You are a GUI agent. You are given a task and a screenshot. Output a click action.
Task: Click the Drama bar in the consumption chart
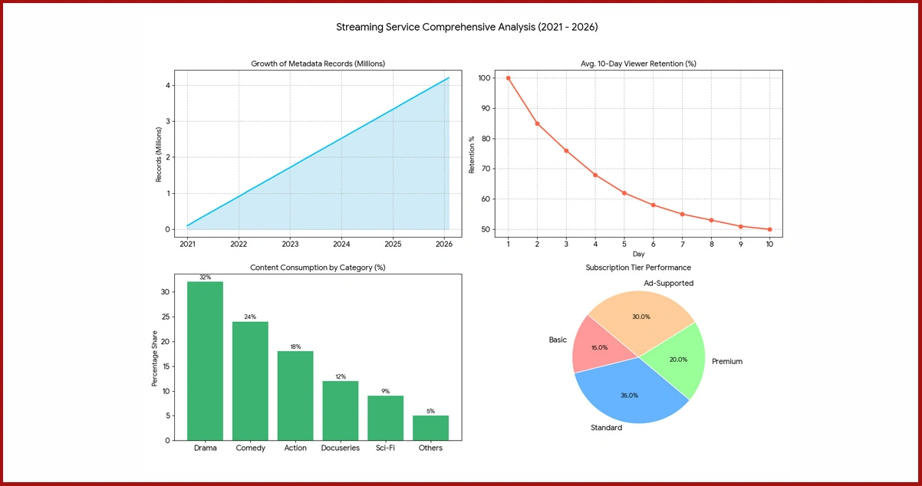click(x=205, y=360)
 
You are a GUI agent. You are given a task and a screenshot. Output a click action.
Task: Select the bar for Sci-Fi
click(x=385, y=417)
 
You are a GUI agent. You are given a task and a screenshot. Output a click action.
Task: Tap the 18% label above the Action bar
click(x=295, y=346)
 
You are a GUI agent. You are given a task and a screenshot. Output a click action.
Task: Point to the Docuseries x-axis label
click(x=341, y=448)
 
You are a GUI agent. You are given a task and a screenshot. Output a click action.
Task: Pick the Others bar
click(x=430, y=427)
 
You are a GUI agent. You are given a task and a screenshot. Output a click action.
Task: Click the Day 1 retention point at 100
click(x=508, y=77)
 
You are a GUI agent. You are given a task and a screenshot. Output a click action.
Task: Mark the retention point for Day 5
click(x=624, y=192)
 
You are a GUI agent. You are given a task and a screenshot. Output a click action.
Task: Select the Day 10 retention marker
click(x=769, y=229)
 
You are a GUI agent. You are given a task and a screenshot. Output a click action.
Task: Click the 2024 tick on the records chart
click(x=341, y=244)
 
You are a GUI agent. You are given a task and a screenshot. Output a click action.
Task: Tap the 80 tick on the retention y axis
click(x=484, y=139)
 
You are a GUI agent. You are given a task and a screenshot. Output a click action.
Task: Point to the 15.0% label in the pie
click(x=599, y=347)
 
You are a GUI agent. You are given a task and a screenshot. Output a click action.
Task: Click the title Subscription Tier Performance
click(x=638, y=268)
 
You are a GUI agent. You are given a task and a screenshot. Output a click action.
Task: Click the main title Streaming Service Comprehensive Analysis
click(x=466, y=27)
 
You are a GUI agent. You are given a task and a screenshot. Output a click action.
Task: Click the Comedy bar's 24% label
click(x=250, y=317)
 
